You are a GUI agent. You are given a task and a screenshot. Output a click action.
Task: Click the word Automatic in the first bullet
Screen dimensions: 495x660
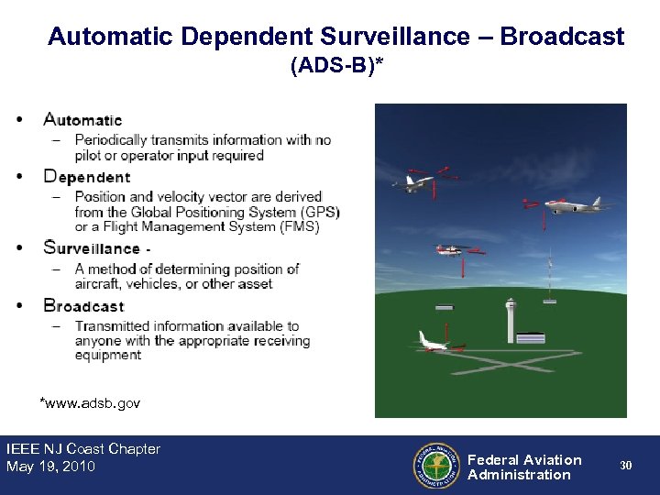(82, 120)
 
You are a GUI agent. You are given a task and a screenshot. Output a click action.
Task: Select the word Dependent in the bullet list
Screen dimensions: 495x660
(87, 177)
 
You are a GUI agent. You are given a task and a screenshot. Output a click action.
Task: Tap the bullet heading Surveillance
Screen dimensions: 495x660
(92, 247)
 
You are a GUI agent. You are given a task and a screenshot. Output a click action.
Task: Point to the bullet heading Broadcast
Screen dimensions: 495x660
(83, 305)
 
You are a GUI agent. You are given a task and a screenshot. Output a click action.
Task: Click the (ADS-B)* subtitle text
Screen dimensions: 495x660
(336, 66)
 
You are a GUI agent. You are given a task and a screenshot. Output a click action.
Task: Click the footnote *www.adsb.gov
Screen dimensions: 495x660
(89, 402)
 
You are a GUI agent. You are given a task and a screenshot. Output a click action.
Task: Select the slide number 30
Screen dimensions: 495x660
(625, 466)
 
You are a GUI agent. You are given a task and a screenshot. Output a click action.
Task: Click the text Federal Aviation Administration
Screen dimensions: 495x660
(523, 467)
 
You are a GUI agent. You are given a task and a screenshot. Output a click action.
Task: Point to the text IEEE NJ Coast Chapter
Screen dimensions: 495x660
(83, 449)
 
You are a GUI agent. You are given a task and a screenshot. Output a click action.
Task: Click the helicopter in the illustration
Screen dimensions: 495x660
(455, 249)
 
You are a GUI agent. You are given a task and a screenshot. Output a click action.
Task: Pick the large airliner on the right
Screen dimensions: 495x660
(576, 203)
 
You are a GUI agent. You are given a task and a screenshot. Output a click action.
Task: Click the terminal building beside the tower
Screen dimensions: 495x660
(531, 338)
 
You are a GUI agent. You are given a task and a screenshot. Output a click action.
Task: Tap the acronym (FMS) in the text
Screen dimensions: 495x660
(300, 226)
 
